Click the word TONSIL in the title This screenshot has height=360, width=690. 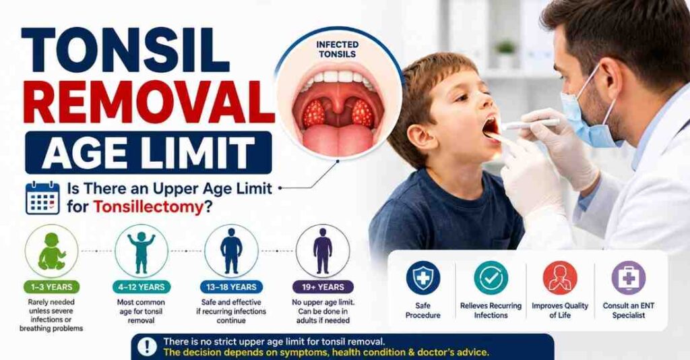pyautogui.click(x=125, y=50)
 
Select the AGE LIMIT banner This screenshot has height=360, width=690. pyautogui.click(x=148, y=152)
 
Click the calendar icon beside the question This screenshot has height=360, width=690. pyautogui.click(x=42, y=198)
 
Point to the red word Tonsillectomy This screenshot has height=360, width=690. pyautogui.click(x=148, y=206)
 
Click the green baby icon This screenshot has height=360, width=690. pyautogui.click(x=51, y=251)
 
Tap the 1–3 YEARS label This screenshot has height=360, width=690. pyautogui.click(x=51, y=287)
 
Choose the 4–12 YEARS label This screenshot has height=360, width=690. pyautogui.click(x=142, y=287)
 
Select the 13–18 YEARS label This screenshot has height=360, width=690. pyautogui.click(x=231, y=287)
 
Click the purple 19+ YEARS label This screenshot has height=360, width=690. pyautogui.click(x=323, y=287)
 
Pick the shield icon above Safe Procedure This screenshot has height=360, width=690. pyautogui.click(x=423, y=278)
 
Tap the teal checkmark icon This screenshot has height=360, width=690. pyautogui.click(x=491, y=278)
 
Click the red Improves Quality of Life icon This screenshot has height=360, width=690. pyautogui.click(x=560, y=278)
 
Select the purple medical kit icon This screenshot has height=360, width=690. pyautogui.click(x=629, y=278)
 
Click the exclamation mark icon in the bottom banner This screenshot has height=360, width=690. pyautogui.click(x=147, y=347)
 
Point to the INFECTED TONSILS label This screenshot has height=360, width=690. pyautogui.click(x=338, y=49)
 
